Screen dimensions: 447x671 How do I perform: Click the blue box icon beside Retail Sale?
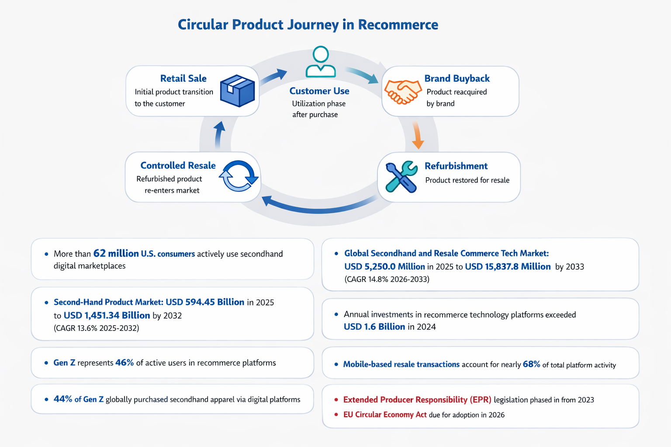point(237,91)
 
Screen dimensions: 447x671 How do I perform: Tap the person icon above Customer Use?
point(321,62)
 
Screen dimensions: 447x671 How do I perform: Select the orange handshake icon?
point(402,92)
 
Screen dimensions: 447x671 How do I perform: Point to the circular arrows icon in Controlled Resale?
point(239,176)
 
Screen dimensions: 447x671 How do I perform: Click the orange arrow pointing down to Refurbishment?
point(417,136)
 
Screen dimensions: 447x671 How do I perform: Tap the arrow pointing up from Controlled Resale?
point(219,134)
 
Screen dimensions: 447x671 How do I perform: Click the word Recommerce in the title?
point(398,24)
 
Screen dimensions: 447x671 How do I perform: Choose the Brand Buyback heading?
point(457,79)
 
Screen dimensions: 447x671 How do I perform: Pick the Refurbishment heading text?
point(456,166)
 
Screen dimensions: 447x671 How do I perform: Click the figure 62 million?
point(116,254)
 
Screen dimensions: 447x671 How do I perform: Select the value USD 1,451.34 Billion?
point(107,315)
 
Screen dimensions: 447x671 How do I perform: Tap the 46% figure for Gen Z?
point(125,363)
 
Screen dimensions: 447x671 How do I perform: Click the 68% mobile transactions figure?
point(531,364)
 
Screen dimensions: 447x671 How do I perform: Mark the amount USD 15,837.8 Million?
point(508,267)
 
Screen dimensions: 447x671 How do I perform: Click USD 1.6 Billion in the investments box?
point(374,327)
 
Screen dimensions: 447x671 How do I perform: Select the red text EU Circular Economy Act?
point(384,415)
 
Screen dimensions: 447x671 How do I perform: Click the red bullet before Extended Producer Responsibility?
point(336,400)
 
